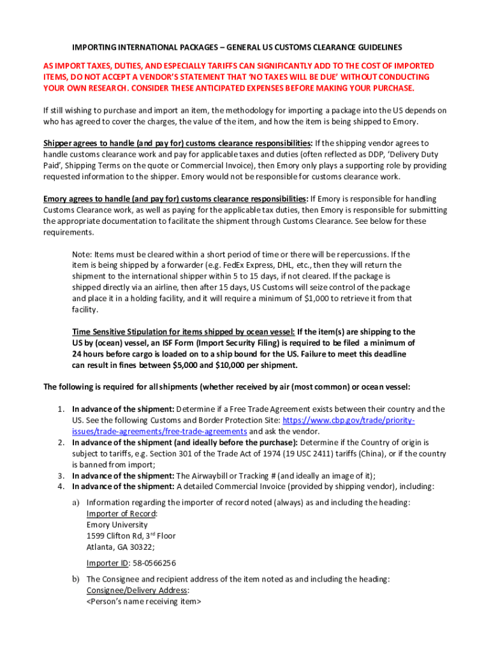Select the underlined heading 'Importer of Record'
pyautogui.click(x=121, y=513)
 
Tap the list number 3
pyautogui.click(x=61, y=476)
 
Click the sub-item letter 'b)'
pyautogui.click(x=76, y=579)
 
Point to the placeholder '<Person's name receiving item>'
pyautogui.click(x=143, y=601)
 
